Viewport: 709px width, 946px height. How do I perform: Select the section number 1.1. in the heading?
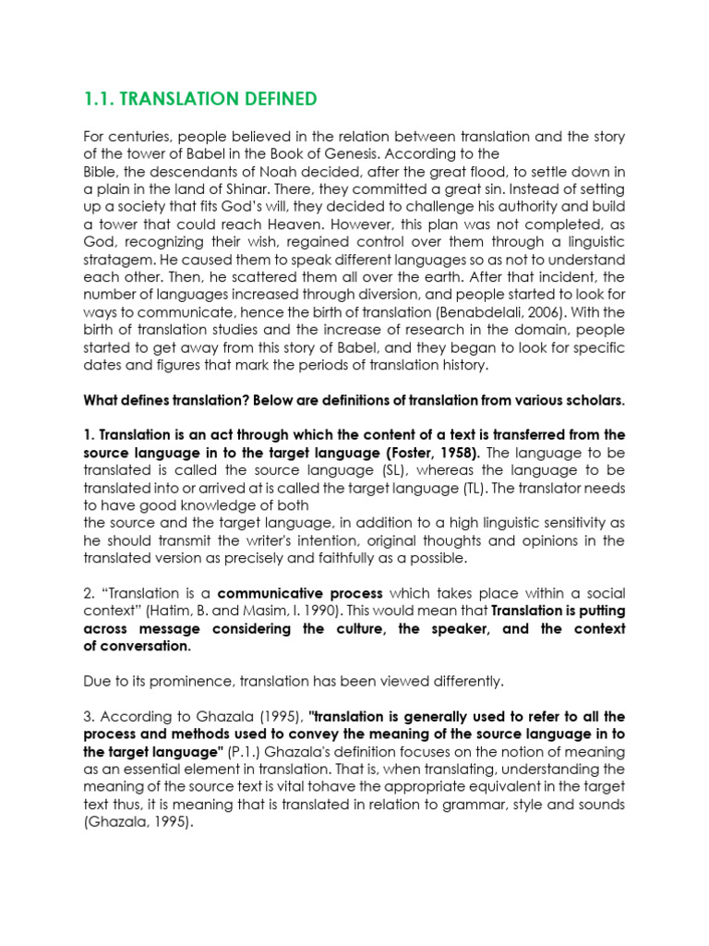pyautogui.click(x=99, y=99)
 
